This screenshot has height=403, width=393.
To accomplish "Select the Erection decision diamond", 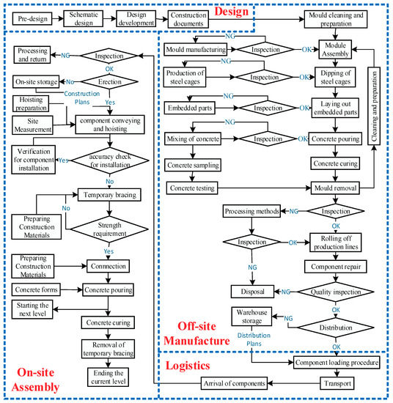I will coord(109,83).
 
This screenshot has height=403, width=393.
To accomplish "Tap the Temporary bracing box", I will coord(109,196).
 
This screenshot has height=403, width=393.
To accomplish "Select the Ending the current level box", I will coord(109,374).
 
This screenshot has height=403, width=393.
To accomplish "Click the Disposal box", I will coord(252,289).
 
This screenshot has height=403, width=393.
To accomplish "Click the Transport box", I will coord(337,382).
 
